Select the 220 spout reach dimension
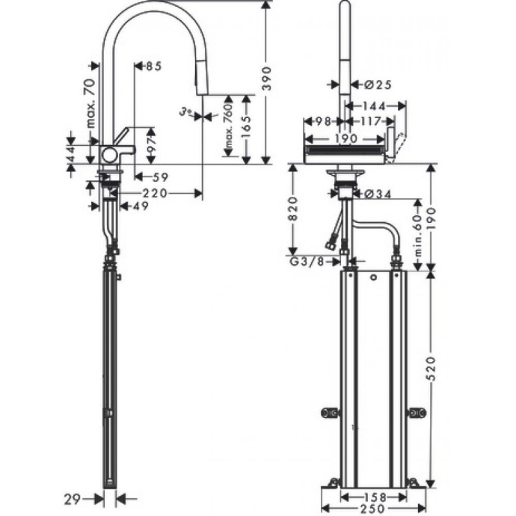(156, 193)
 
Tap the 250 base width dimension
(372, 509)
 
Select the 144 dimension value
(375, 106)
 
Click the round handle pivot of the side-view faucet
(110, 155)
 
